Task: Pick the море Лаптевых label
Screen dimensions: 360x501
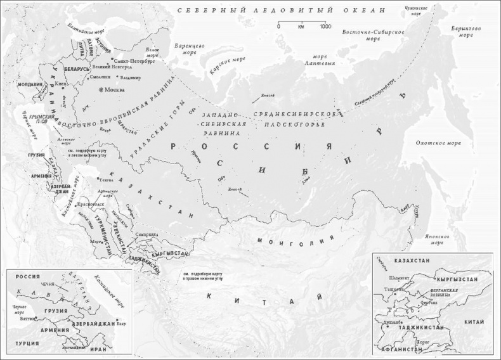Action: pos(315,60)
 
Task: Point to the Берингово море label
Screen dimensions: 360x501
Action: pos(471,32)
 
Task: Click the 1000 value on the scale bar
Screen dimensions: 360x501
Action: pos(325,27)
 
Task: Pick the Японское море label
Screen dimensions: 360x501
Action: pos(436,240)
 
